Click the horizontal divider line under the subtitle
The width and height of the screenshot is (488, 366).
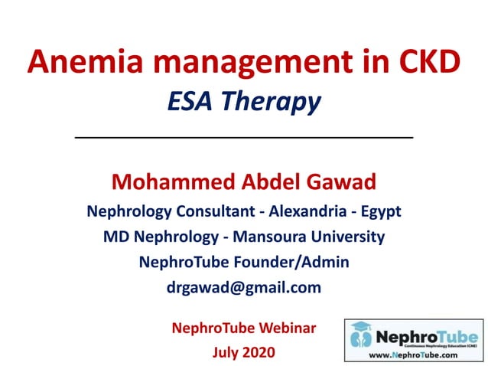(243, 137)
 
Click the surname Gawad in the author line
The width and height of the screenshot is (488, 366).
(338, 182)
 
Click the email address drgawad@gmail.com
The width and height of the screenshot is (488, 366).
(243, 288)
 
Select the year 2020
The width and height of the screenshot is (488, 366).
(258, 353)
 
